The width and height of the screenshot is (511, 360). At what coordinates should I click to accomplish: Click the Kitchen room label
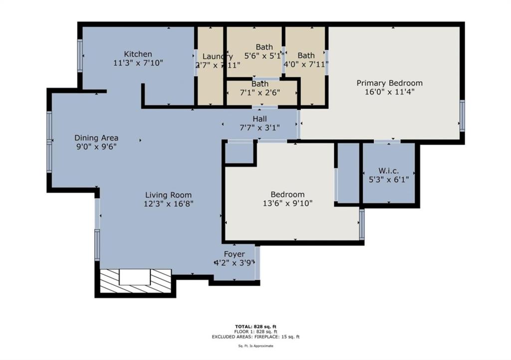pos(138,54)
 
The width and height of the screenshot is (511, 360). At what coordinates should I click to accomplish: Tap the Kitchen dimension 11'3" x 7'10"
pos(138,63)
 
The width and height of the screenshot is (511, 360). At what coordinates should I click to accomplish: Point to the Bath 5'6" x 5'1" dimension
pos(264,56)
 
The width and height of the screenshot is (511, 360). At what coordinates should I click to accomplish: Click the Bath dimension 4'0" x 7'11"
pos(306,64)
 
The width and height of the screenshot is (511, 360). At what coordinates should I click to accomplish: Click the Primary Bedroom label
pos(389,83)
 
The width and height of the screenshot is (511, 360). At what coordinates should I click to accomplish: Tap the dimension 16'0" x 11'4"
pos(389,92)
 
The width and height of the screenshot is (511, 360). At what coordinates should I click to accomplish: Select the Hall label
pos(259,119)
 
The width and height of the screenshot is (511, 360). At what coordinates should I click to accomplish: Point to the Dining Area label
pos(96,138)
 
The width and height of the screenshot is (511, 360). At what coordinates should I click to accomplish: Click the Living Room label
pos(168,195)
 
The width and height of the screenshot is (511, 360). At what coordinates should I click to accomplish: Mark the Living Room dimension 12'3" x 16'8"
pos(168,203)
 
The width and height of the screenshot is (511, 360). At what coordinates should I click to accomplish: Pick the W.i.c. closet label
pos(388,171)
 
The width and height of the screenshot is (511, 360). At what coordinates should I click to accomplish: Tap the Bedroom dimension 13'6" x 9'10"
pos(287,203)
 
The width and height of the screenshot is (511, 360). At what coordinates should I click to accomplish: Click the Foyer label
pos(234,254)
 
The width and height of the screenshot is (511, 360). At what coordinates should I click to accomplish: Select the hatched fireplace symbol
pos(135,281)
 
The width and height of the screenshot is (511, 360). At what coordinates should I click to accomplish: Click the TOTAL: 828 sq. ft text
pos(255,326)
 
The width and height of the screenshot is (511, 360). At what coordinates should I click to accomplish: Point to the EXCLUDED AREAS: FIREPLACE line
pos(255,337)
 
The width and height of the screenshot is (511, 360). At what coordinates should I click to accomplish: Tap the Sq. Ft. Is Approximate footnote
pos(255,346)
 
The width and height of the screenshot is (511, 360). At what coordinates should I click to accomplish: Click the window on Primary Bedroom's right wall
pos(462,116)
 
